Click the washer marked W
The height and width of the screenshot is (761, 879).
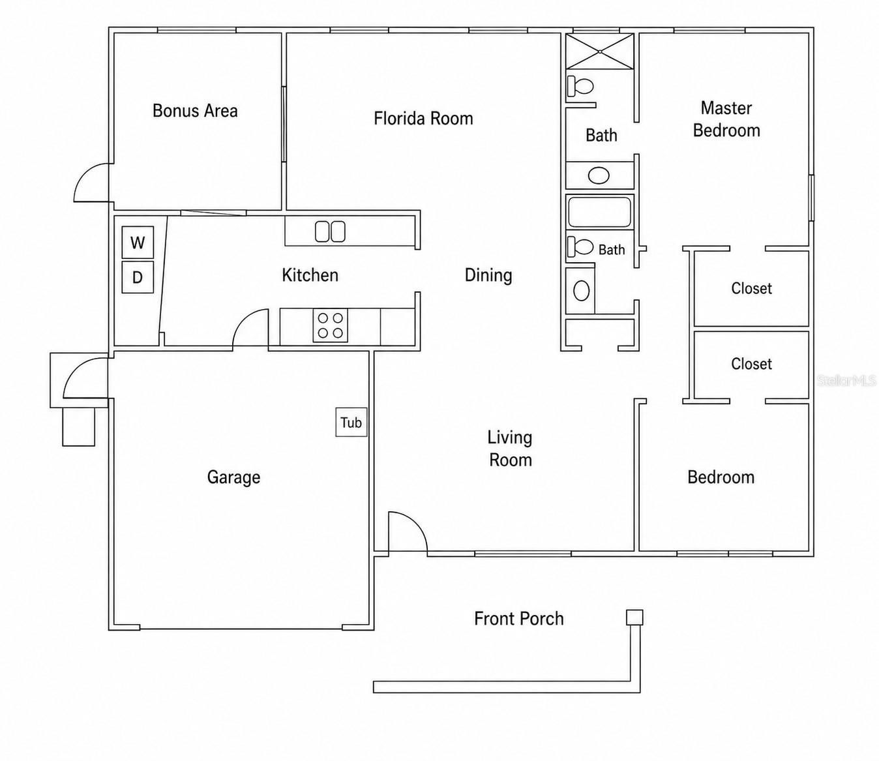(x=138, y=243)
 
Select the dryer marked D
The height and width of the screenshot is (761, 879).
(x=138, y=277)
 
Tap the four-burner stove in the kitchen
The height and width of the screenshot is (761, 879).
(x=331, y=325)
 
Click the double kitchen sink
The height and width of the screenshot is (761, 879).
(x=330, y=231)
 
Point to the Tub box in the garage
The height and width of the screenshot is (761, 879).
(x=351, y=423)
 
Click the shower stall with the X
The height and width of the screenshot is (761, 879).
(x=600, y=51)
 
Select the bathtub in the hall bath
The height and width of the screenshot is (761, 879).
(x=600, y=212)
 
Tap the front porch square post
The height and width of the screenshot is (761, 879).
(x=634, y=618)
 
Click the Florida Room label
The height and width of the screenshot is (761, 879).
(x=423, y=118)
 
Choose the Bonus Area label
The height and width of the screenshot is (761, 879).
(x=195, y=111)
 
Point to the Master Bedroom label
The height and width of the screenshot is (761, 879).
(x=726, y=119)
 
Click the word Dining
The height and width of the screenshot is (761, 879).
(x=488, y=276)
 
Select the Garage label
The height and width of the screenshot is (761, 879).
(x=233, y=477)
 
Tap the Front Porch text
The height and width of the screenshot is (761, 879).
(x=519, y=618)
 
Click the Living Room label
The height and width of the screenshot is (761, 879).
(x=510, y=449)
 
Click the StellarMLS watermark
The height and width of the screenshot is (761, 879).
(x=846, y=380)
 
